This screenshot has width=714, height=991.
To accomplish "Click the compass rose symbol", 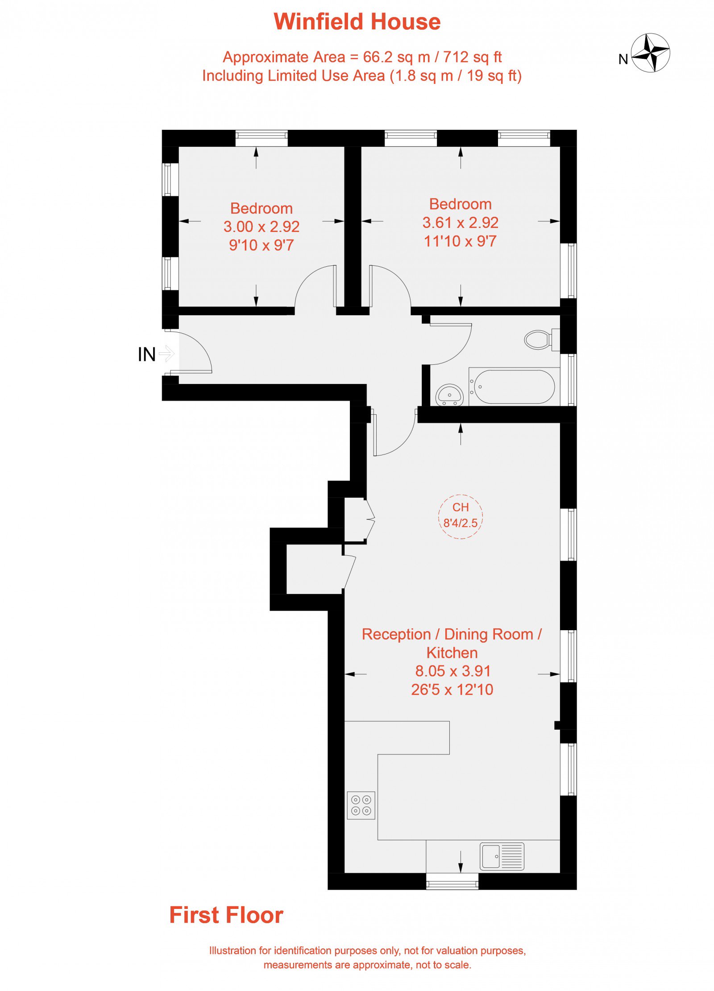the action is [650, 53].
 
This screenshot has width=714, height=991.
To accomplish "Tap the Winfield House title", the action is [357, 21].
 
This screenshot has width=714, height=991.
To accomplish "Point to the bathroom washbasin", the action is [449, 395].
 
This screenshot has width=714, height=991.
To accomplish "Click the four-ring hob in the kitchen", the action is [361, 805].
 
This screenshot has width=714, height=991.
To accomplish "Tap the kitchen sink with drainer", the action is [502, 856].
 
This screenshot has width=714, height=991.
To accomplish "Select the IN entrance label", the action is [147, 355].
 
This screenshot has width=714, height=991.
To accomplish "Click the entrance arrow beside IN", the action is [166, 354].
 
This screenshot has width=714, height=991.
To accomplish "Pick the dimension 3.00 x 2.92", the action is [262, 227].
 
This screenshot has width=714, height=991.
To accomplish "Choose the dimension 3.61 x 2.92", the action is [461, 223].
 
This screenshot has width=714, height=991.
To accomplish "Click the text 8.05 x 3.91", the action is [453, 671].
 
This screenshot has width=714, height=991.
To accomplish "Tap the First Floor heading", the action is [226, 915].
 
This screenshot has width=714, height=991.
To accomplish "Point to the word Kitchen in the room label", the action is [452, 652].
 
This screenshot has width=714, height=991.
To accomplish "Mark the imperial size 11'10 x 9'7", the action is [460, 241].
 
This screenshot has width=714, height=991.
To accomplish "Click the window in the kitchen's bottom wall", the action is [452, 881].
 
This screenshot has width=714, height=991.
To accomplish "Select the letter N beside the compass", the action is [623, 59].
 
